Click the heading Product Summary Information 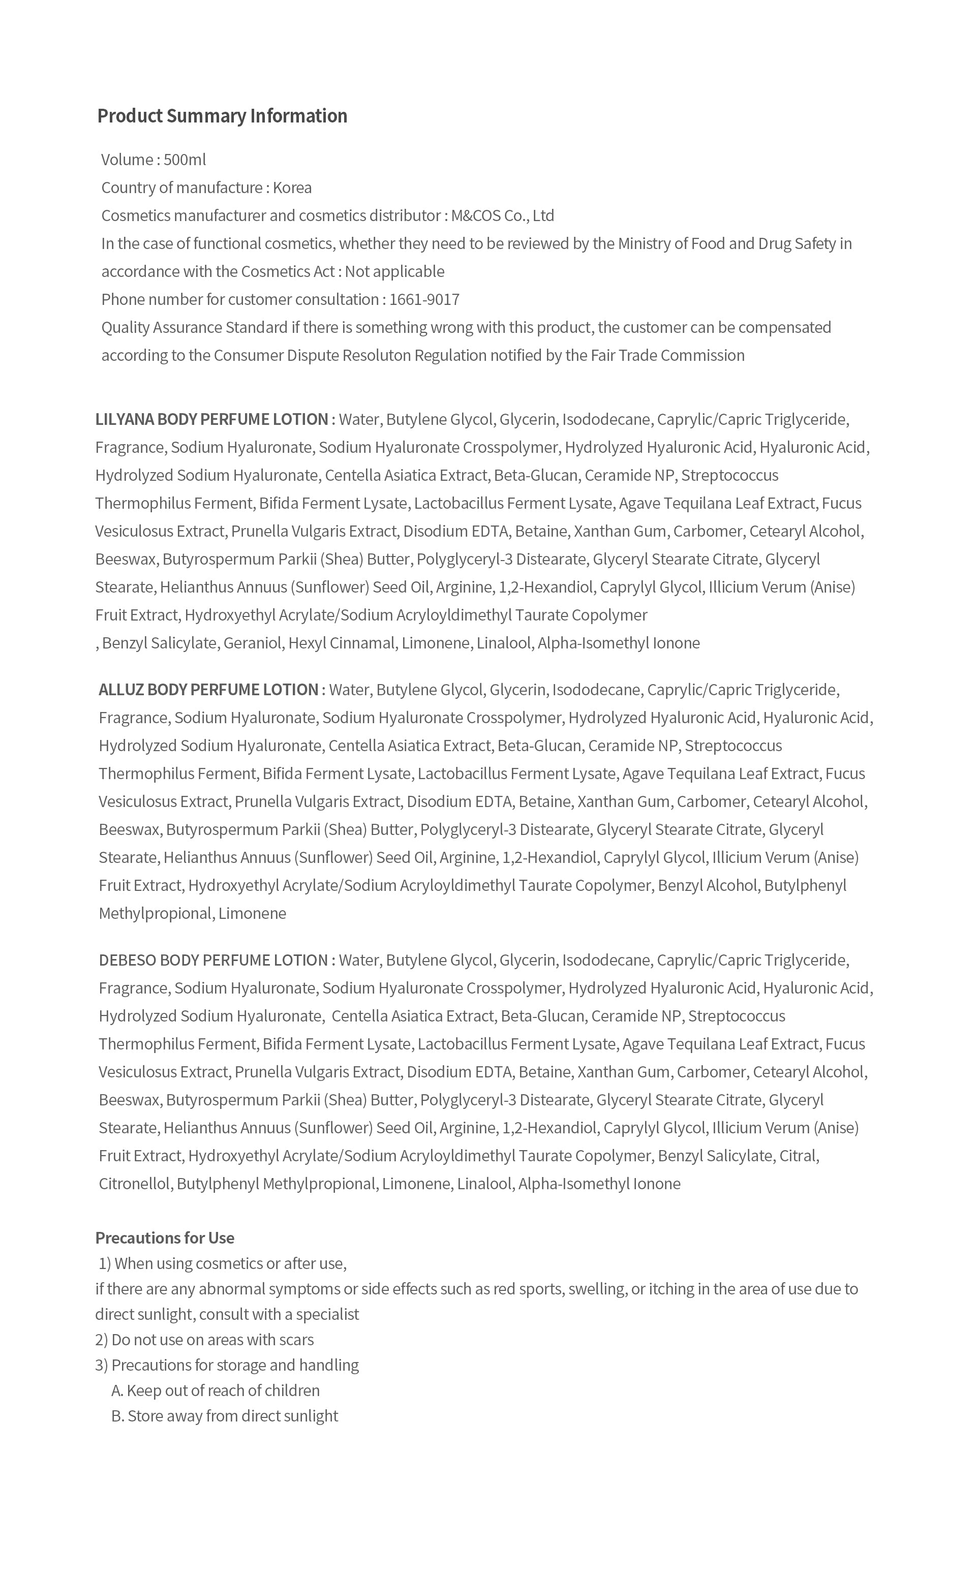[x=222, y=116]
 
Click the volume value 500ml [x=185, y=160]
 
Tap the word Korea [x=292, y=188]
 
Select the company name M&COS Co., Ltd [x=502, y=215]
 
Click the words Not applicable [x=394, y=272]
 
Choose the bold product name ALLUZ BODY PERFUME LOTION [x=208, y=690]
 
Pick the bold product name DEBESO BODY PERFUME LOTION [x=213, y=960]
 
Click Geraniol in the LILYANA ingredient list [x=253, y=643]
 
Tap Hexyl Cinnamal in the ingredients [x=342, y=643]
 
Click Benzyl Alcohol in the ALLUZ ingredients [x=707, y=885]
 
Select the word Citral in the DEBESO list [x=798, y=1156]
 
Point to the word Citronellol [x=134, y=1184]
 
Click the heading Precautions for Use [x=165, y=1238]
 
